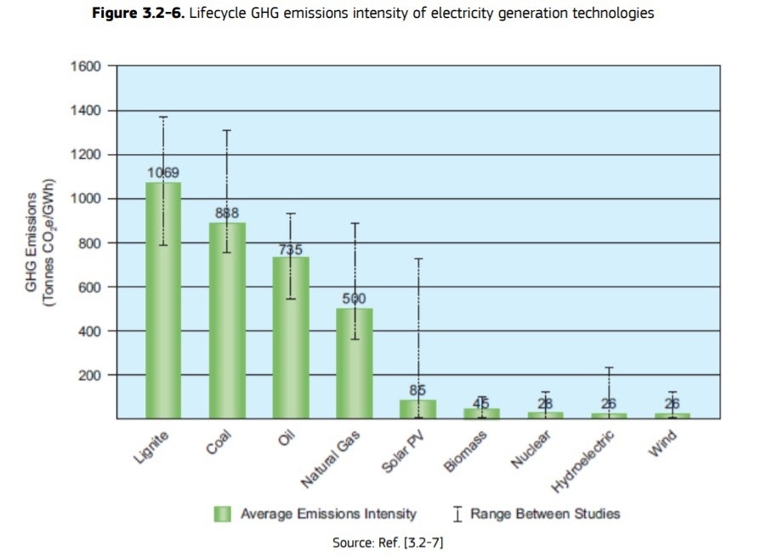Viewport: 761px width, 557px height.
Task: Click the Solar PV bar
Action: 417,409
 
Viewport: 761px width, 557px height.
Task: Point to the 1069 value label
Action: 163,173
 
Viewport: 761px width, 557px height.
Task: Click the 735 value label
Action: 291,249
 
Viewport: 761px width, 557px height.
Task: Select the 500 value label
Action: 355,298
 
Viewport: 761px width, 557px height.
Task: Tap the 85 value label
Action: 417,390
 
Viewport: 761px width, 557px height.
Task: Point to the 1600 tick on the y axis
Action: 86,66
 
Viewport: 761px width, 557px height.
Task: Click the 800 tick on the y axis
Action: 89,243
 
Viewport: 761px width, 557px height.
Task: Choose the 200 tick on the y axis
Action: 89,375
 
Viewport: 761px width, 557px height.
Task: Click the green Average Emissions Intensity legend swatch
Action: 223,514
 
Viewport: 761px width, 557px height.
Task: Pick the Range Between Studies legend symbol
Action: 457,514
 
